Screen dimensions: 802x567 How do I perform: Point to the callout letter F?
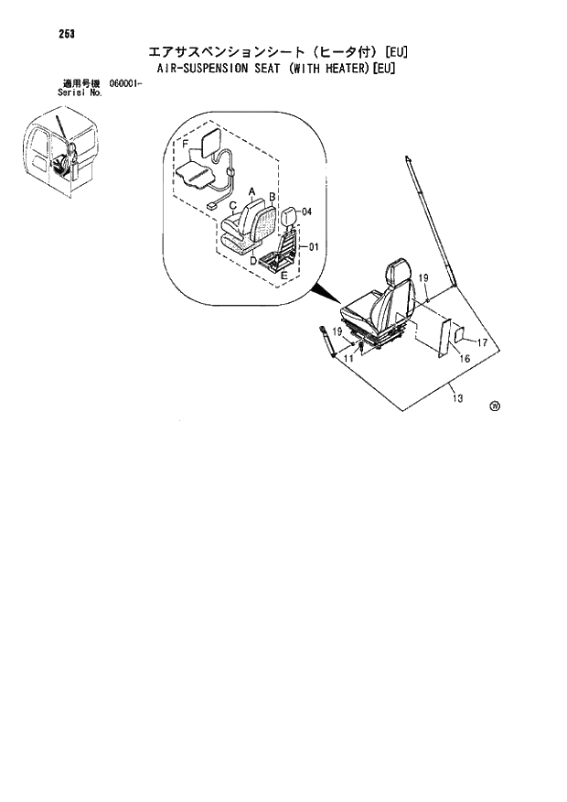point(186,145)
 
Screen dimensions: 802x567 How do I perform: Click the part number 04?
point(306,211)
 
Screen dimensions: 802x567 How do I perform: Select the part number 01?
point(313,246)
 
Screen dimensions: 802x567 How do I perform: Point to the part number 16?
point(465,359)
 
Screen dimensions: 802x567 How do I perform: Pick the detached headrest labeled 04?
point(290,217)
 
